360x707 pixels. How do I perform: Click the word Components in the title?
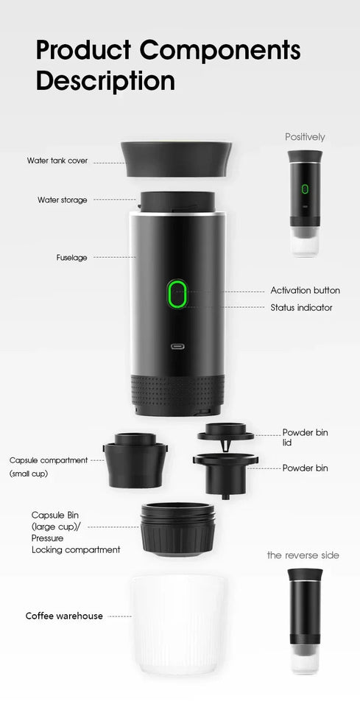[x=220, y=52]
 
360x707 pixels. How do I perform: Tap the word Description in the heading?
[x=105, y=80]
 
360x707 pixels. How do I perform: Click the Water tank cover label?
[x=57, y=161]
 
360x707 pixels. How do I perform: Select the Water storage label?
[x=63, y=200]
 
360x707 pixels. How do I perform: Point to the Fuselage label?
[x=72, y=258]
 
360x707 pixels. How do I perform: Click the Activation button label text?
[x=305, y=291]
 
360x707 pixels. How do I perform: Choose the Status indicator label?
[x=301, y=308]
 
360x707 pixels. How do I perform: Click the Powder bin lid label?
[x=305, y=437]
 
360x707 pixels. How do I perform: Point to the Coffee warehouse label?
[x=64, y=616]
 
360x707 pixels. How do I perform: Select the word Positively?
[x=305, y=137]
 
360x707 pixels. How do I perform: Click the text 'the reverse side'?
[x=303, y=555]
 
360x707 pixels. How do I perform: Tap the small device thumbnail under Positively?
[x=305, y=203]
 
